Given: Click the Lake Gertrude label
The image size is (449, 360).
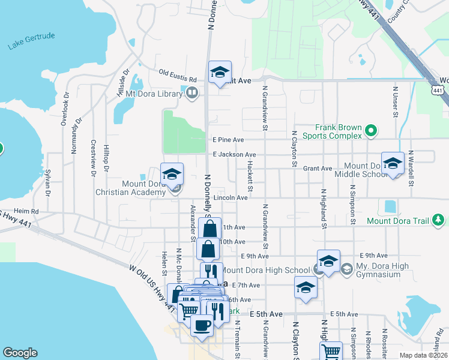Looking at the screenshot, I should [32, 41].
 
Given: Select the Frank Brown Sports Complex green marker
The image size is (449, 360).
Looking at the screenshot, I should [371, 129].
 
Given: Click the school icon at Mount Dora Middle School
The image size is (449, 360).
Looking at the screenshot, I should [393, 163].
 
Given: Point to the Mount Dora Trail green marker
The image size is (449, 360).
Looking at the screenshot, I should [440, 220].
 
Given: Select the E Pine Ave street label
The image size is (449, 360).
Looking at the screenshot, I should [228, 140].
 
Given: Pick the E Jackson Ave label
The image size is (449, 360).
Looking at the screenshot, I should [234, 154].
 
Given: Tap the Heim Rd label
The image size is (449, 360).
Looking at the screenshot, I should [26, 211].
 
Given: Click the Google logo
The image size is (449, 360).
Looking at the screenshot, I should [20, 353].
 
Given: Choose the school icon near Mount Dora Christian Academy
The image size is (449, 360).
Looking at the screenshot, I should [172, 175].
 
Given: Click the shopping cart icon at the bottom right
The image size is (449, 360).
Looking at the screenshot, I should [331, 351].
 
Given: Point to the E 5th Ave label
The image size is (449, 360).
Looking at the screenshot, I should [343, 314].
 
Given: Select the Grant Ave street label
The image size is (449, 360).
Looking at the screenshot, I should [318, 169].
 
